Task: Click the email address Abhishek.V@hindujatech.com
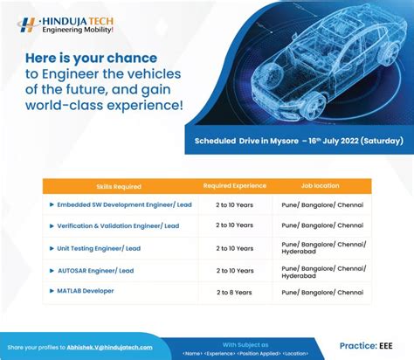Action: pos(103,347)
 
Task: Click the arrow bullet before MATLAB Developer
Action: pos(52,291)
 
